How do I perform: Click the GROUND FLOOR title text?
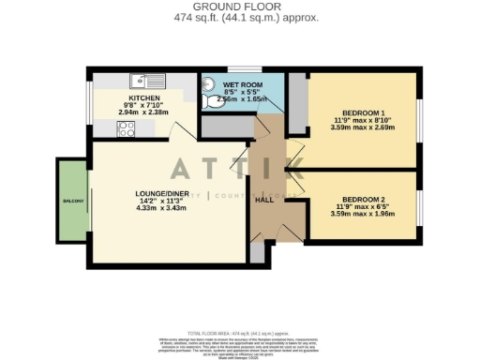click(240, 7)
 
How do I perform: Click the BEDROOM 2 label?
click(360, 199)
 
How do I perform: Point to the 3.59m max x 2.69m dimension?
click(360, 127)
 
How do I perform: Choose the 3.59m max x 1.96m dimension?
click(360, 214)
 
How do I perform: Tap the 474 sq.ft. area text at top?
click(240, 18)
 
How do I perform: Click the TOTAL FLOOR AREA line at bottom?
click(240, 333)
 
